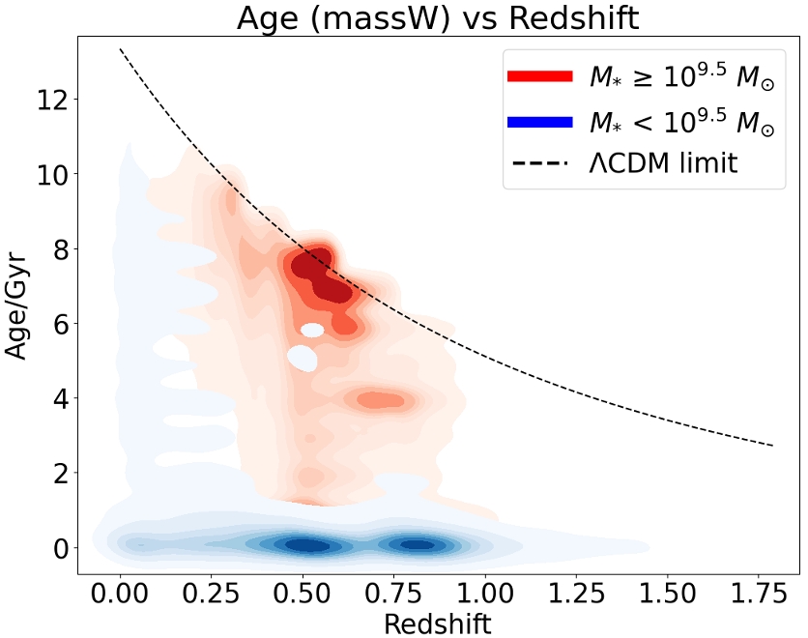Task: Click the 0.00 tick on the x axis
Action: (x=120, y=591)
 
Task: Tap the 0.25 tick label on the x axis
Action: (x=211, y=591)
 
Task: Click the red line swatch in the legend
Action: (x=540, y=76)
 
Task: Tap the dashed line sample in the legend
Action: (x=540, y=164)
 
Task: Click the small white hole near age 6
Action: (x=312, y=330)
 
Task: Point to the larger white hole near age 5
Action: (x=303, y=359)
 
